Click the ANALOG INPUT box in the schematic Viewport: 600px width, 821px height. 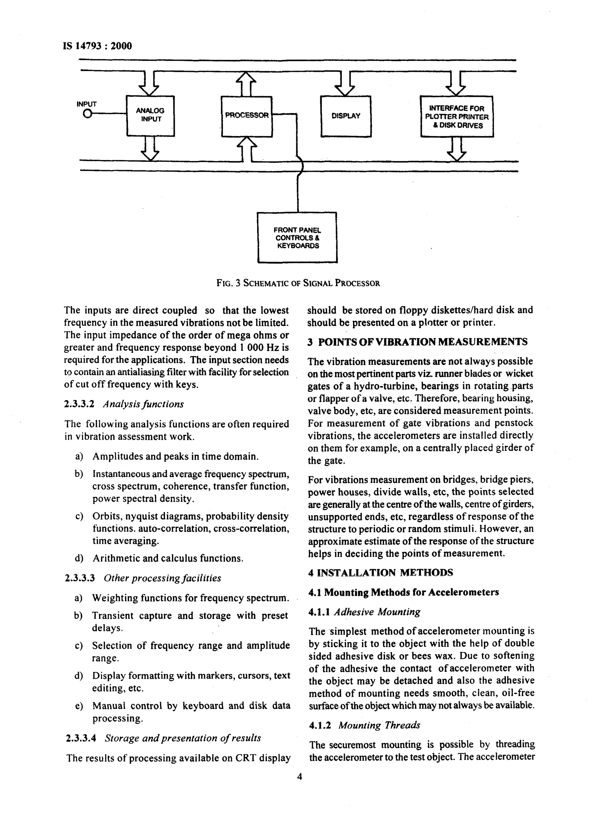[150, 116]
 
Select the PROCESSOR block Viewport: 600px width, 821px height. [247, 116]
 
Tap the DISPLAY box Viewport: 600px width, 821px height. [345, 116]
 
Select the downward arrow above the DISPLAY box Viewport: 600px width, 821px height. [345, 84]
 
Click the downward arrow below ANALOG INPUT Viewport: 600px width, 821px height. [150, 149]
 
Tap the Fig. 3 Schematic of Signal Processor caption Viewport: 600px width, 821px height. [298, 283]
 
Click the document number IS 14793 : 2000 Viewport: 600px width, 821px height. [98, 46]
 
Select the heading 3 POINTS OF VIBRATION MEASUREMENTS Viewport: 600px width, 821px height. [417, 342]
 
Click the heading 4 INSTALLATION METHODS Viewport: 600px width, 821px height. [380, 573]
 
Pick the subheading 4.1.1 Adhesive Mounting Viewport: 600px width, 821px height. [364, 612]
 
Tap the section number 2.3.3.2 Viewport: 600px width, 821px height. [79, 404]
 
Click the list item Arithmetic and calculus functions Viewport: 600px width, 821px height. [168, 558]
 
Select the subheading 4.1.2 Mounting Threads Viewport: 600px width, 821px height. [364, 725]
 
